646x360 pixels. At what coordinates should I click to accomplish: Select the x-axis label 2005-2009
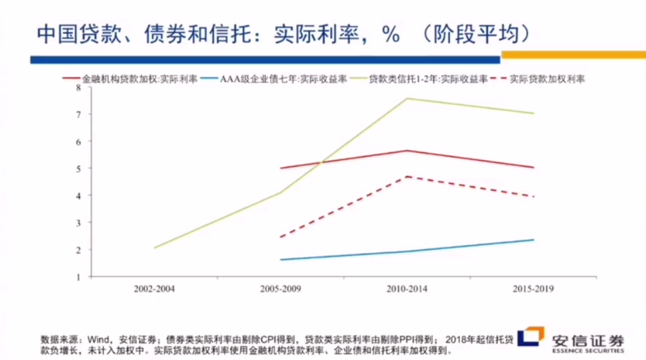coord(280,289)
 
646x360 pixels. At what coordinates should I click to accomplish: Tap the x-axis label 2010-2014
coord(407,289)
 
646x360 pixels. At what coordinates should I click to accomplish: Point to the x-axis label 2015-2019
coord(533,289)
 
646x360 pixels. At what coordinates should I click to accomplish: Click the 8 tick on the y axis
coord(78,87)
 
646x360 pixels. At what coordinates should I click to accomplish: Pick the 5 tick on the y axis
coord(78,168)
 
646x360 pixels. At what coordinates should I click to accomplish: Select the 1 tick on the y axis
coord(78,276)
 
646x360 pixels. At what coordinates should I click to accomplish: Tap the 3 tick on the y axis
coord(78,222)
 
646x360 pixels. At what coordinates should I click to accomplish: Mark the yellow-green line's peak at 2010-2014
coord(407,98)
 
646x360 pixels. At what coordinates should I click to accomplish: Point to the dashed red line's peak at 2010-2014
coord(407,176)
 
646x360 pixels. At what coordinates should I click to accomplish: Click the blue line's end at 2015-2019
coord(534,240)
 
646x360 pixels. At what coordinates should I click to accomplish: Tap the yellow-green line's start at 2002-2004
coord(154,248)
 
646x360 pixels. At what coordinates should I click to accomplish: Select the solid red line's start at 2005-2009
coord(280,168)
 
